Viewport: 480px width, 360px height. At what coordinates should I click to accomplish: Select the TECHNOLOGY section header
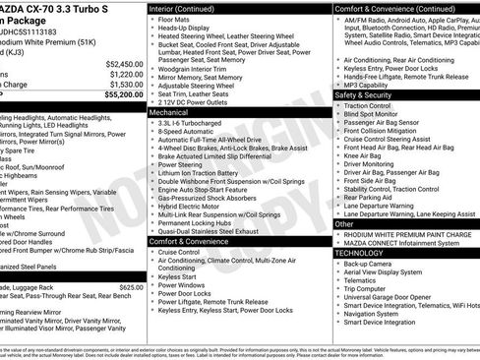point(361,253)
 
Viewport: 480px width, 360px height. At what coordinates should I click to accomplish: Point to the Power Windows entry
point(185,284)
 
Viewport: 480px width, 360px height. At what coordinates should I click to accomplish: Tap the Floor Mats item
point(176,20)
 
